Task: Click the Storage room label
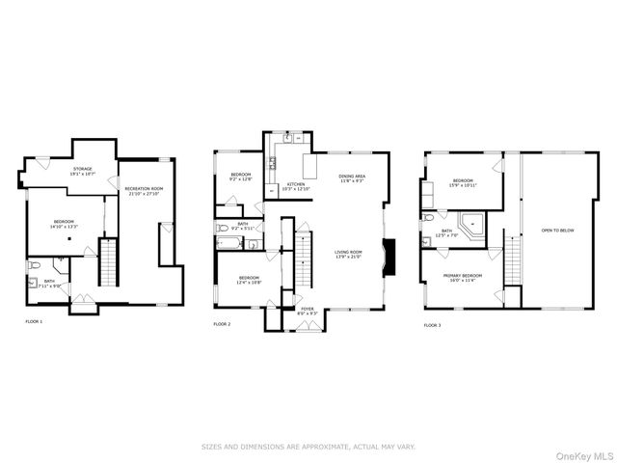point(82,172)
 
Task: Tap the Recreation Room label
point(144,191)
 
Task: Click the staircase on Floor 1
point(109,263)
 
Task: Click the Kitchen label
point(295,186)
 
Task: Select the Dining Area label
point(352,178)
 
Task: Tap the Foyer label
point(307,311)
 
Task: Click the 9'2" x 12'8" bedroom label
point(240,177)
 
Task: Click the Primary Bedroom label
point(463,278)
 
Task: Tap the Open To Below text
point(559,231)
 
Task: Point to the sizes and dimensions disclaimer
point(308,447)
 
